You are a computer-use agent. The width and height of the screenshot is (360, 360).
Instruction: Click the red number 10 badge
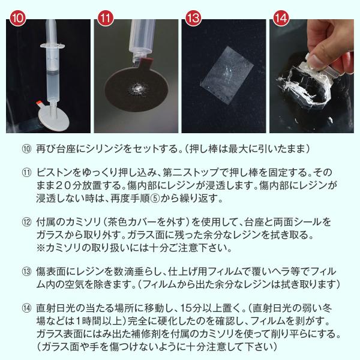coord(19,18)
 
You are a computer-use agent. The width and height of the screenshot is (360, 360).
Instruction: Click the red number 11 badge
coord(106,18)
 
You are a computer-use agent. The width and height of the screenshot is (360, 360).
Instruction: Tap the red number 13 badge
coord(193,18)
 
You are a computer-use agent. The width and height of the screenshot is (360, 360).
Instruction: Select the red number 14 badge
coord(280,18)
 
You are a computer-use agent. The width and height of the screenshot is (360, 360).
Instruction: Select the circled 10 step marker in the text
coord(25,148)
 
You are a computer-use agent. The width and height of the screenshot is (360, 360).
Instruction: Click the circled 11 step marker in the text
coord(25,173)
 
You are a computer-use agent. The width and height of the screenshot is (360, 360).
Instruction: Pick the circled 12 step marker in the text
coord(25,221)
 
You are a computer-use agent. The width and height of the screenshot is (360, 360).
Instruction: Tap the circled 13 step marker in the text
coord(25,270)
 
